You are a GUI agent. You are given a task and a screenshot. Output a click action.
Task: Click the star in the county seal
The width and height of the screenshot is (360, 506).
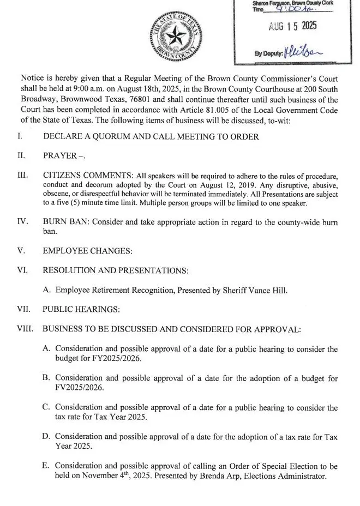176,38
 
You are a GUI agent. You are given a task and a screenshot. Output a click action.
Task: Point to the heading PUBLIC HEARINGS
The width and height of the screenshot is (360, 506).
81,310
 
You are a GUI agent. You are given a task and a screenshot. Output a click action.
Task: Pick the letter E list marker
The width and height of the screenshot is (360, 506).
47,466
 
